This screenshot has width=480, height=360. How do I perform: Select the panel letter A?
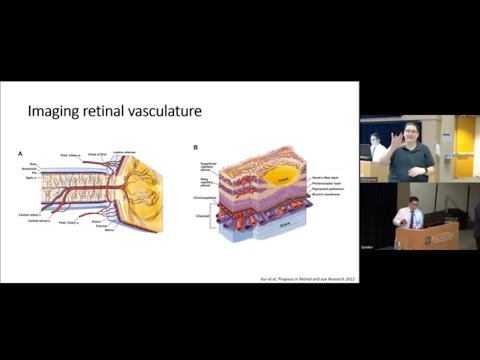click(21, 152)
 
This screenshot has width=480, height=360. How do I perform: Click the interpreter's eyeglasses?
click(411, 134)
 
